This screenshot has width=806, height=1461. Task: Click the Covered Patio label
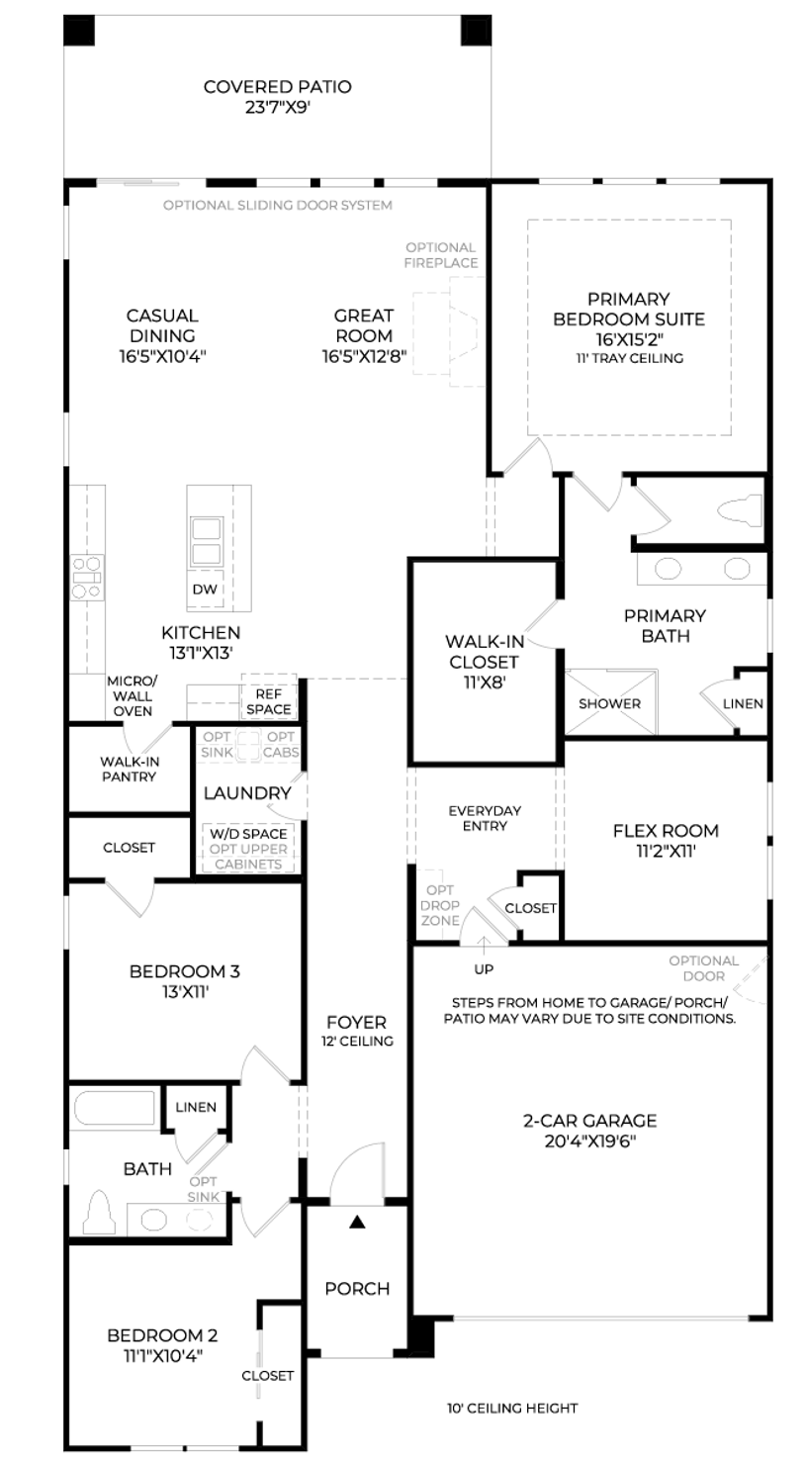pyautogui.click(x=277, y=97)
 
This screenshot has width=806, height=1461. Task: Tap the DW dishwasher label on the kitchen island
pyautogui.click(x=205, y=589)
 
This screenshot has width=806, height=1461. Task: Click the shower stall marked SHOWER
pyautogui.click(x=610, y=702)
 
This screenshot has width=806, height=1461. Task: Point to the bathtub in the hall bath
pyautogui.click(x=115, y=1108)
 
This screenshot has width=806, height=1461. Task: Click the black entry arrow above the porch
pyautogui.click(x=357, y=1221)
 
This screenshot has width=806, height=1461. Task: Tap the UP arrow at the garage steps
pyautogui.click(x=484, y=945)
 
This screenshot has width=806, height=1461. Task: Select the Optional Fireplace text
pyautogui.click(x=441, y=255)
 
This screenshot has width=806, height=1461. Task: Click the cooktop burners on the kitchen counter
pyautogui.click(x=87, y=578)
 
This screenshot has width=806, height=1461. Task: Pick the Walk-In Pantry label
pyautogui.click(x=130, y=769)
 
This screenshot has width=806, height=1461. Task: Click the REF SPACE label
pyautogui.click(x=269, y=701)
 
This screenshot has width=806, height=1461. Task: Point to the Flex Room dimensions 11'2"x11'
pyautogui.click(x=666, y=851)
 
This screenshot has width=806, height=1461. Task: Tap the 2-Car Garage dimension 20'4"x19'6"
pyautogui.click(x=590, y=1141)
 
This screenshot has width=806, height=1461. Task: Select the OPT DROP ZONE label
pyautogui.click(x=440, y=905)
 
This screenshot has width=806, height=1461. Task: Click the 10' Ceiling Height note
pyautogui.click(x=512, y=1409)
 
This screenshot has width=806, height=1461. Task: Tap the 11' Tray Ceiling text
pyautogui.click(x=629, y=358)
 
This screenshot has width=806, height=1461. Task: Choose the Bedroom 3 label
pyautogui.click(x=185, y=971)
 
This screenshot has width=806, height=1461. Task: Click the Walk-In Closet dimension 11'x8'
pyautogui.click(x=486, y=683)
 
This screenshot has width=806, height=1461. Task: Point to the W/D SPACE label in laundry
pyautogui.click(x=248, y=834)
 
